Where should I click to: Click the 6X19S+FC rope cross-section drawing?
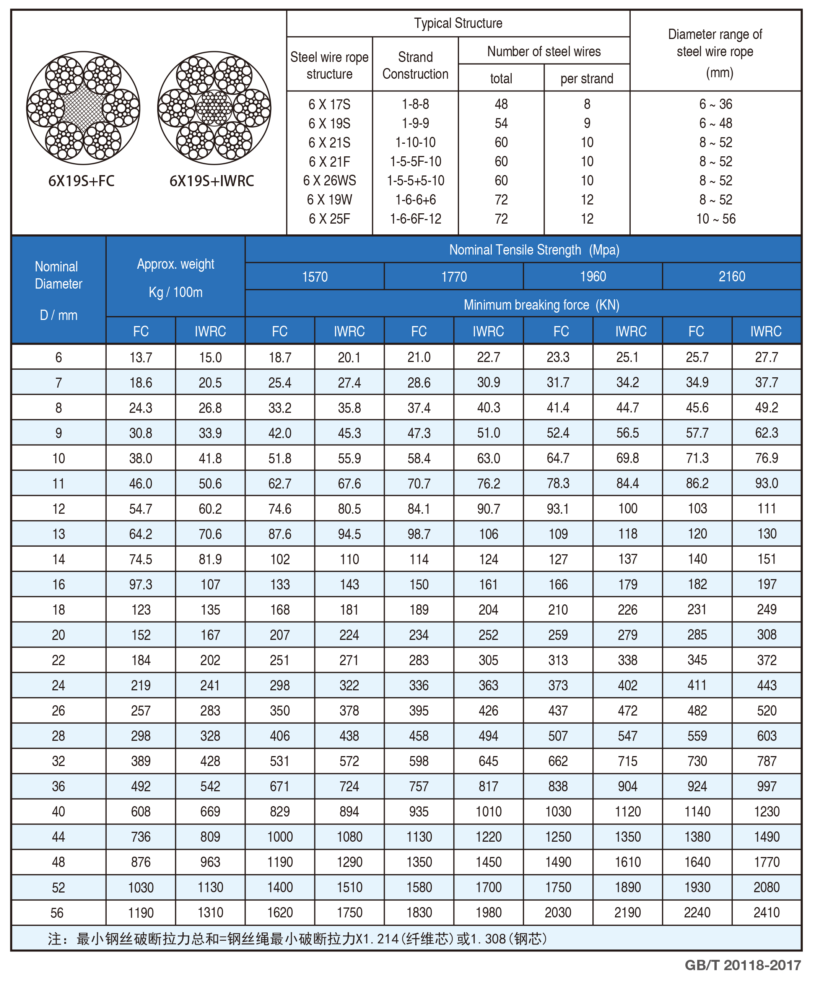(x=83, y=108)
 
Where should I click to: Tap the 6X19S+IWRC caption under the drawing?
(x=211, y=181)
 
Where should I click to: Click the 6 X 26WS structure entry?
(x=329, y=180)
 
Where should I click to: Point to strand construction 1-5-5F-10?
(x=415, y=161)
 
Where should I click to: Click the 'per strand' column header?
(x=587, y=79)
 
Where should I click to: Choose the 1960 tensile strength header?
(x=593, y=276)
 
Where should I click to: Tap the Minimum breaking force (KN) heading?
(x=541, y=305)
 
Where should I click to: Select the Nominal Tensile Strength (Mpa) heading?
(x=534, y=250)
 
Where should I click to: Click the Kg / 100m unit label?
(x=176, y=292)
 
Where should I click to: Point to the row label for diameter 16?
(x=59, y=584)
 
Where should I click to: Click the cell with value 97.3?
(x=140, y=584)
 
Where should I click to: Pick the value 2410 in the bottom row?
(x=766, y=912)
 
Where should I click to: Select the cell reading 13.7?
(x=140, y=357)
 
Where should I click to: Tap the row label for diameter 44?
(x=59, y=837)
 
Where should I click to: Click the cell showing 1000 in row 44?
(x=280, y=837)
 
